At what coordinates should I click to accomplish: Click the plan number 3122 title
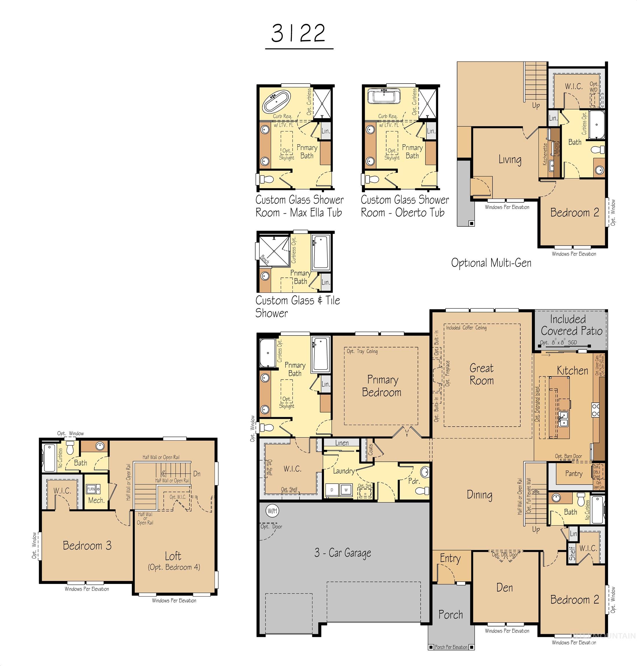(298, 33)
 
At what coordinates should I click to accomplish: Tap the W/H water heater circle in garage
(272, 511)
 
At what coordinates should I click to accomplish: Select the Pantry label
(574, 473)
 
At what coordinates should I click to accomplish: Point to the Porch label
(450, 614)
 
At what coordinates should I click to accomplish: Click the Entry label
(450, 558)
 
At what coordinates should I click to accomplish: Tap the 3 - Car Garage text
(342, 553)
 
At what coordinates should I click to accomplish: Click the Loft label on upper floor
(173, 556)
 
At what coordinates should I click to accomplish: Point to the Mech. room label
(96, 500)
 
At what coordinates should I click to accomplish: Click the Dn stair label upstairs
(197, 474)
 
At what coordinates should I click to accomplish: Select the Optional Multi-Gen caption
(491, 263)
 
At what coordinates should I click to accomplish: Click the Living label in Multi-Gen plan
(510, 159)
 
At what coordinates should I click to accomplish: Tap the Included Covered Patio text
(572, 325)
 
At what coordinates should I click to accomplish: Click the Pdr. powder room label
(414, 481)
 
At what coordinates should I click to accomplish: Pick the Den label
(504, 587)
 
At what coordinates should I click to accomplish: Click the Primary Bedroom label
(382, 386)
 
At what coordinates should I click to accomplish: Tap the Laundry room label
(343, 471)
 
